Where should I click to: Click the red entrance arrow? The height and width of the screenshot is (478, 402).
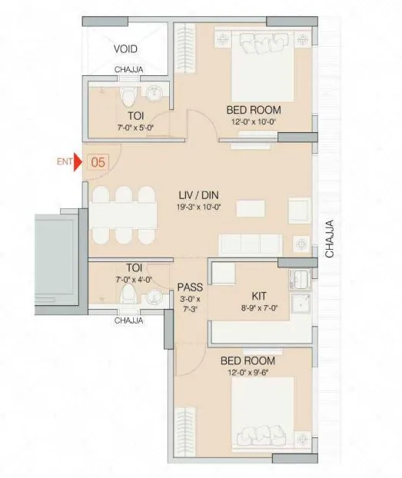(x=77, y=163)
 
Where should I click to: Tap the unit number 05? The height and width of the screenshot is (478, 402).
(x=98, y=162)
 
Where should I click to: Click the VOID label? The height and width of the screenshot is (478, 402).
(x=125, y=48)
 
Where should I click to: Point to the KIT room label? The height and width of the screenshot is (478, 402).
(x=259, y=294)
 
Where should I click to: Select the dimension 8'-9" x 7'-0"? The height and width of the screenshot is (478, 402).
(x=258, y=306)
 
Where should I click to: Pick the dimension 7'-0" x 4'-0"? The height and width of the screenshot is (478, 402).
(x=125, y=280)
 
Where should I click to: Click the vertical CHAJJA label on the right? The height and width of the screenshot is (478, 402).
(x=329, y=241)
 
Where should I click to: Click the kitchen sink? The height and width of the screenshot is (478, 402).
(x=298, y=278)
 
